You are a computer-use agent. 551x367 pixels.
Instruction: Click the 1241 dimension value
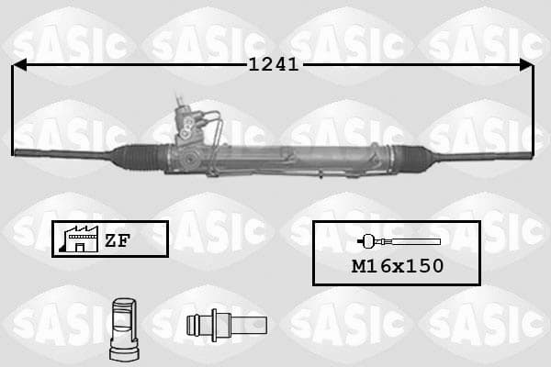point(274,64)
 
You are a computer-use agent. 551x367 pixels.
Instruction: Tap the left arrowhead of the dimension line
point(19,65)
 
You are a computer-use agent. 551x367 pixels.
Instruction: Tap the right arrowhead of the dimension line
point(526,65)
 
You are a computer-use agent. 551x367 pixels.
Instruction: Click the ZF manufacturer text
point(118,240)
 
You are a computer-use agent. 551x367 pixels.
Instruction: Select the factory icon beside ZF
point(79,239)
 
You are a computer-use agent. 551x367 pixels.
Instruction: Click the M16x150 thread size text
point(398,266)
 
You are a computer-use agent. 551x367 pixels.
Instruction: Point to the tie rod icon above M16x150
point(399,241)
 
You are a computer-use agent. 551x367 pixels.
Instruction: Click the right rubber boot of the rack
point(411,156)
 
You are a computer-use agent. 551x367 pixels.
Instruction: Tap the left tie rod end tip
point(15,152)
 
